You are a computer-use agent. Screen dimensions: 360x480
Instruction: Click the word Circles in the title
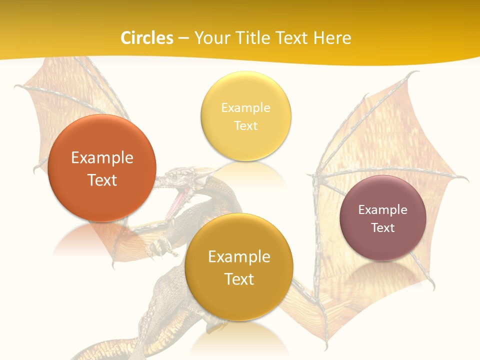tap(146, 38)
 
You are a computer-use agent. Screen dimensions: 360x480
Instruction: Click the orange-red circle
tap(102, 168)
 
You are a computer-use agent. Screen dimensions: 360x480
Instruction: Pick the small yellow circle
tap(245, 116)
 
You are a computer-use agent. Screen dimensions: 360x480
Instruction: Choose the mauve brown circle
tap(383, 218)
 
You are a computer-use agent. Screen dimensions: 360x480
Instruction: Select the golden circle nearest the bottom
tap(239, 267)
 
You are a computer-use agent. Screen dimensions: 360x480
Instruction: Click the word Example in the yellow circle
tap(245, 107)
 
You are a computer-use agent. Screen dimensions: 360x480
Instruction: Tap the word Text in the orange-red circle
tap(102, 180)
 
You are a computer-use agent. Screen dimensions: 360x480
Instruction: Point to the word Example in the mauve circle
tap(383, 209)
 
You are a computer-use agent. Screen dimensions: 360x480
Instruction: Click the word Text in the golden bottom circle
tap(239, 279)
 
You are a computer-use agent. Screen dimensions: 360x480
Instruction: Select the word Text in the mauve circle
tap(383, 227)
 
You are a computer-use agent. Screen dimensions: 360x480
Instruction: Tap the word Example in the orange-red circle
tap(102, 158)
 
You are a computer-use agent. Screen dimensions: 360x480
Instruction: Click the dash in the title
tap(183, 38)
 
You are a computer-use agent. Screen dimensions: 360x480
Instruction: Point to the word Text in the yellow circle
tap(245, 125)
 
